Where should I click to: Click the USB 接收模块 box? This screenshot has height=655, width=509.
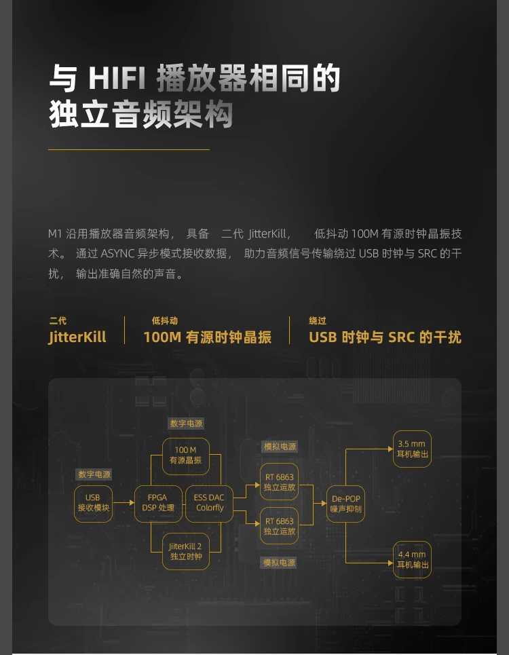(93, 503)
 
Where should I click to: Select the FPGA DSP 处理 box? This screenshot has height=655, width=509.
(157, 503)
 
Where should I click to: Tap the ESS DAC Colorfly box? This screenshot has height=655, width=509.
(209, 503)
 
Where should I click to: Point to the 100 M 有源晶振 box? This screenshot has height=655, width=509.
(185, 455)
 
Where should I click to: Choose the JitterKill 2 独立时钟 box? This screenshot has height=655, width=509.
(185, 551)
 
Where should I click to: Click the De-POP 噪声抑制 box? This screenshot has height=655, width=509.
(346, 504)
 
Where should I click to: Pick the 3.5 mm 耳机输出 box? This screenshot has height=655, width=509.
(412, 449)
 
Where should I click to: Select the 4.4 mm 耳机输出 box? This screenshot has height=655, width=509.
(412, 559)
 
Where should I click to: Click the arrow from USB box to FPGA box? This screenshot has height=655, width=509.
(123, 504)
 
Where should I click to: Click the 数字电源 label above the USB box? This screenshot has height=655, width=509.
(94, 474)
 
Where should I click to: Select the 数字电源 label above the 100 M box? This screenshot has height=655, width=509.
(186, 424)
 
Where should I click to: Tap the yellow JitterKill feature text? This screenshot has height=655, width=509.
(77, 337)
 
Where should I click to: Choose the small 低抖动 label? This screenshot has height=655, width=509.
(165, 321)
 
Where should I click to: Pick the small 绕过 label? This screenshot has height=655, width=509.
(318, 321)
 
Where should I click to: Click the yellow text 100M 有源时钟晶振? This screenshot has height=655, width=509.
(207, 337)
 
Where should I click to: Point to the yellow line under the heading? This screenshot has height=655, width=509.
(129, 149)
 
